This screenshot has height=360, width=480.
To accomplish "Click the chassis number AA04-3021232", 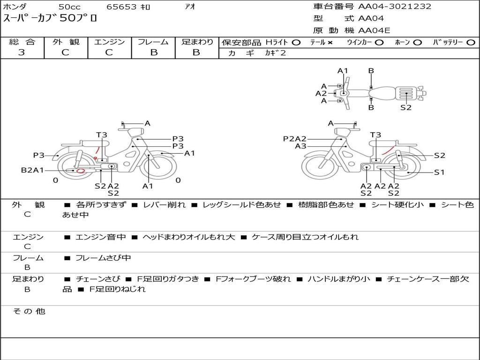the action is [395, 6].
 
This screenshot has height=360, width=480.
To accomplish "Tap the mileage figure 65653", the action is [121, 7].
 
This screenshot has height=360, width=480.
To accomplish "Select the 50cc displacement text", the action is [69, 7].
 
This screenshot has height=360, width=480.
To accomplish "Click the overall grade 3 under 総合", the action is [22, 52].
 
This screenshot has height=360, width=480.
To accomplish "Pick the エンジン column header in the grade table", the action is [109, 42].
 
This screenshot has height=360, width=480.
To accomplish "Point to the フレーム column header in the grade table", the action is [153, 42].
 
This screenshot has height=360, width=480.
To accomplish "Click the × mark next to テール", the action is [330, 43].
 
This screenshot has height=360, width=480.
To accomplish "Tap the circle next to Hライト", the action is [296, 43].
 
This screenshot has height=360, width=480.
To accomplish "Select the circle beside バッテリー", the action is [471, 43].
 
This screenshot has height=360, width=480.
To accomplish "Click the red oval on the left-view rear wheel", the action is [81, 171].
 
